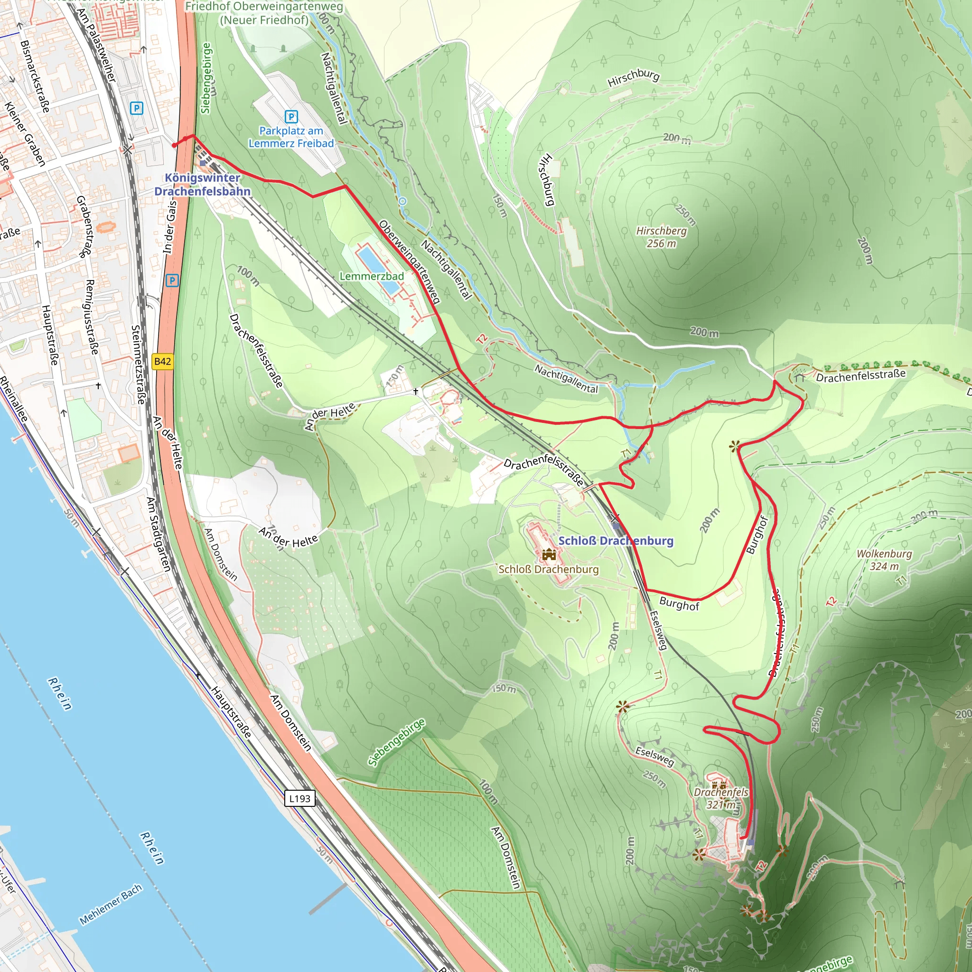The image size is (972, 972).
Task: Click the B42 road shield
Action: [x=162, y=361]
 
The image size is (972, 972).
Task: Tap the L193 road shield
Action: [x=300, y=798]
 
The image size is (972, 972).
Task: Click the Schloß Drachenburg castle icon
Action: [x=548, y=554]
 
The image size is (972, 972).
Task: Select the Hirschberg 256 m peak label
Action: [x=661, y=237]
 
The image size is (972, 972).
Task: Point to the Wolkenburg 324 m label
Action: [x=884, y=560]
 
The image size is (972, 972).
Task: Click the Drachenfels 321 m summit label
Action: [x=720, y=798]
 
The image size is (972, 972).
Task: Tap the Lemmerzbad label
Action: [x=371, y=276]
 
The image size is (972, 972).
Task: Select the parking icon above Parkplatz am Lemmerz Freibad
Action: [x=291, y=117]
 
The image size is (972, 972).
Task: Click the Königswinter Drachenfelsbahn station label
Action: [x=202, y=184]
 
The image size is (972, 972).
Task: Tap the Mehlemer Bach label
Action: [x=111, y=905]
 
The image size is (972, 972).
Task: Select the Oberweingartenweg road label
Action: [x=410, y=262]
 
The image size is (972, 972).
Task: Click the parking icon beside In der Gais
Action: [x=172, y=280]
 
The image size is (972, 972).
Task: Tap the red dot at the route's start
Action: [x=174, y=145]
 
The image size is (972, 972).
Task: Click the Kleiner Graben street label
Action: [x=25, y=134]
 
